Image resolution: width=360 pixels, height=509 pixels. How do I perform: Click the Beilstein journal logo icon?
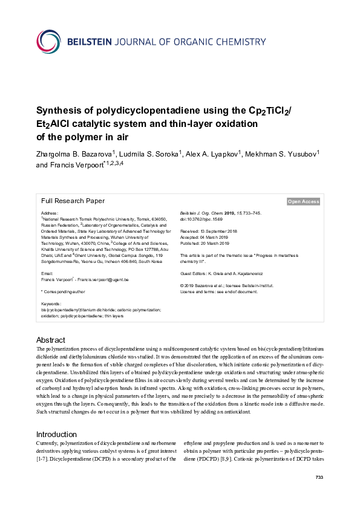tap(48, 42)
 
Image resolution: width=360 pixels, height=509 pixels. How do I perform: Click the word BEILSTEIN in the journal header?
tap(92, 42)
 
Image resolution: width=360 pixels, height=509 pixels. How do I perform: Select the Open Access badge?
tap(303, 202)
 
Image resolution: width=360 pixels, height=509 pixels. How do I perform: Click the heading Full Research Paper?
tap(73, 201)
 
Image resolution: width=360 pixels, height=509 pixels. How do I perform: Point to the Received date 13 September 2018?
tap(209, 231)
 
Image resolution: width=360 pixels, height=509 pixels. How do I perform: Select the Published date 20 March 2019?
tap(209, 243)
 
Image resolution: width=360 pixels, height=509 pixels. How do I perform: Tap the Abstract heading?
tap(51, 340)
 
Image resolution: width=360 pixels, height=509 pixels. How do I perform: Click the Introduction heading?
tap(56, 435)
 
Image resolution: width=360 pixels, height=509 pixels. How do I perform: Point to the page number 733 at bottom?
tap(320, 495)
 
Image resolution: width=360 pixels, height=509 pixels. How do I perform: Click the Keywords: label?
tap(51, 303)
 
